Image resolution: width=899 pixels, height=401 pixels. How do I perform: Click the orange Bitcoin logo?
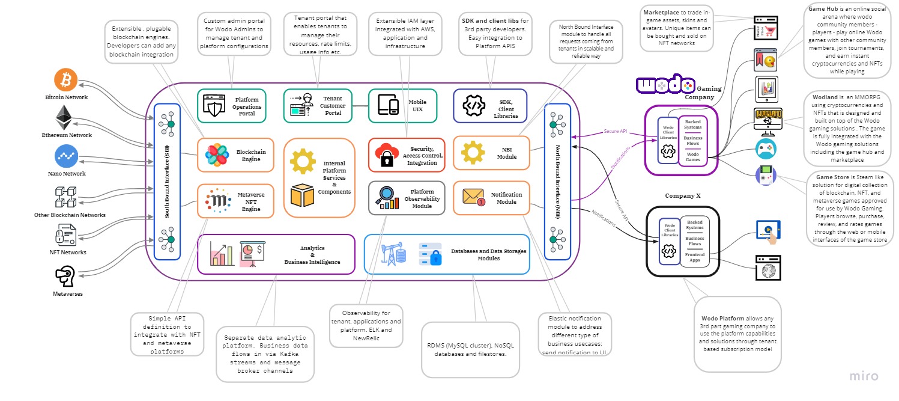click(66, 80)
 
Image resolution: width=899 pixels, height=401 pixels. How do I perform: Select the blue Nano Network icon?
click(66, 156)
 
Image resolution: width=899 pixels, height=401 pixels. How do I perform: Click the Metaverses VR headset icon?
click(65, 276)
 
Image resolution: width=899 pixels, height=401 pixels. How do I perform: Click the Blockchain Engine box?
click(235, 155)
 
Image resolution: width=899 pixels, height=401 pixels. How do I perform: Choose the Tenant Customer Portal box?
click(318, 106)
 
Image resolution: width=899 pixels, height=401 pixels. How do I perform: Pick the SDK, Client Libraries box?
click(489, 106)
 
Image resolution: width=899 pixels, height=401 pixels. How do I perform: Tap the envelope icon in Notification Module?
click(474, 197)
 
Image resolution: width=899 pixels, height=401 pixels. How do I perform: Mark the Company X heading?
click(682, 196)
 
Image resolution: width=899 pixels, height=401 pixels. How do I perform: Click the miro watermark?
click(864, 376)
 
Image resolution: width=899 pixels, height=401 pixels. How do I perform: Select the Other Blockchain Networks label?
click(70, 215)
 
